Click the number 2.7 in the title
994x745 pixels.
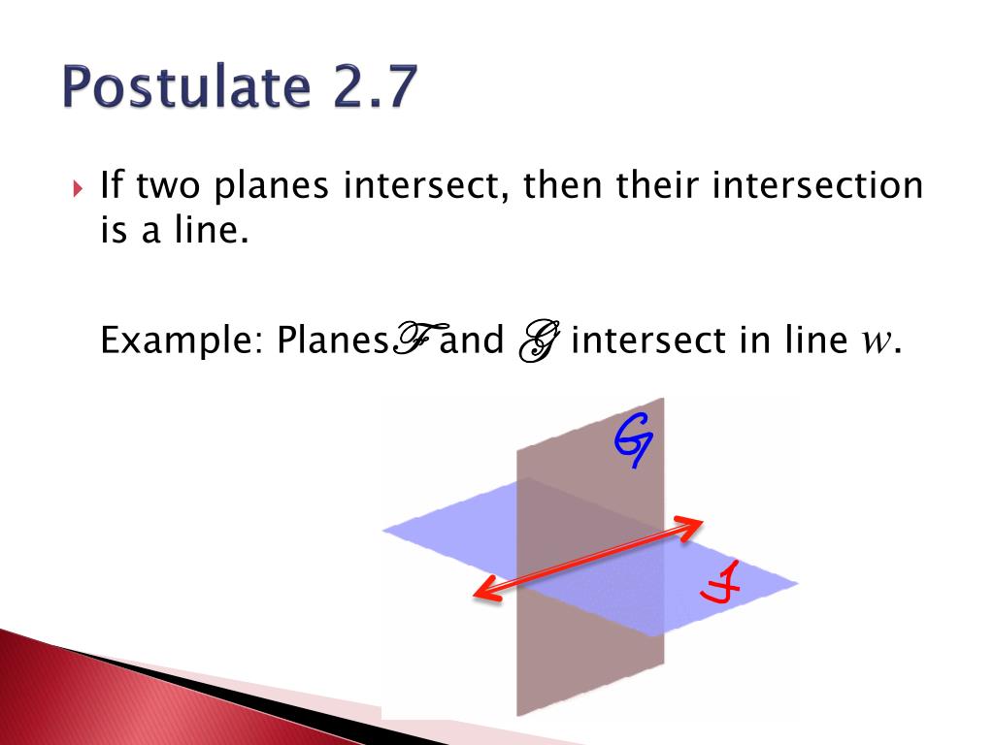pyautogui.click(x=366, y=88)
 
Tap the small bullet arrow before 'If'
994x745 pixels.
pyautogui.click(x=80, y=187)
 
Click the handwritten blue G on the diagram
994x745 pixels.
pyautogui.click(x=633, y=439)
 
